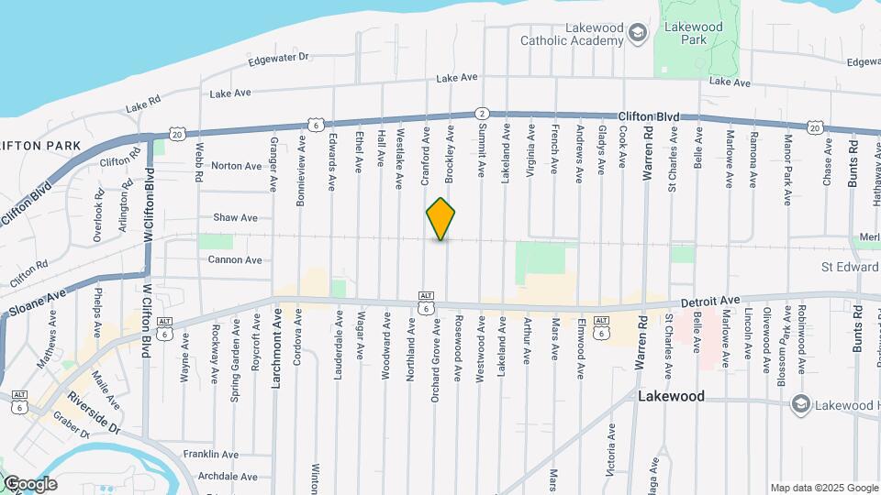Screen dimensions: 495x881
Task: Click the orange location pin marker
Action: click(x=441, y=218)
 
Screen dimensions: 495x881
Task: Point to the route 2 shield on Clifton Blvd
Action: click(x=481, y=113)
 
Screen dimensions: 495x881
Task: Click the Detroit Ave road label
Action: click(x=710, y=301)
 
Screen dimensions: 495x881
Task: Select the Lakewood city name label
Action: click(x=671, y=397)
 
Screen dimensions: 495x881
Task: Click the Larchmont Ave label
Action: click(x=275, y=348)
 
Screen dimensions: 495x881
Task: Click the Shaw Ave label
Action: click(x=236, y=218)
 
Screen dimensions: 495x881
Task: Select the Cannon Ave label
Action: click(x=236, y=260)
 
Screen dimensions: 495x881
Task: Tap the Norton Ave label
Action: click(x=236, y=166)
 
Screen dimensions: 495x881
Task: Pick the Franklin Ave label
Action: click(x=211, y=455)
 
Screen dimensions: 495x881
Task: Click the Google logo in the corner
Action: click(x=30, y=484)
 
